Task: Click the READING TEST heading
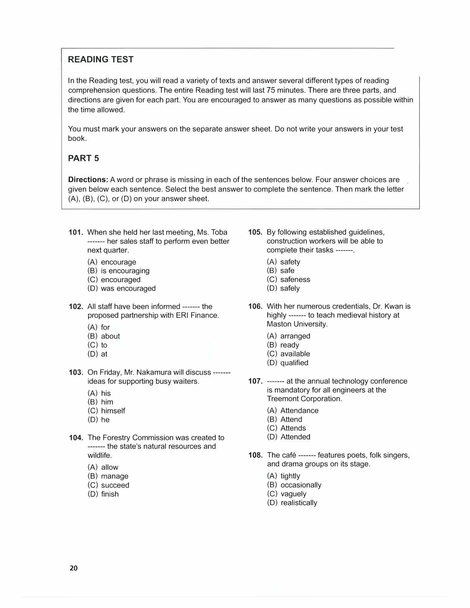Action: point(101,59)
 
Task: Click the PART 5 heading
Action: point(83,159)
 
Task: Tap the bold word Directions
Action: point(88,180)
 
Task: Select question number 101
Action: point(76,232)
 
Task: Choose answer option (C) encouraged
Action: point(114,280)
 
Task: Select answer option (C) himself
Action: point(106,411)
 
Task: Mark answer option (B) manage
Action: point(108,476)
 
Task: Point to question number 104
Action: point(76,438)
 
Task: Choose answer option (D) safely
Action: point(283,288)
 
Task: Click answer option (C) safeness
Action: point(288,279)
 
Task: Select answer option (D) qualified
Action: point(288,363)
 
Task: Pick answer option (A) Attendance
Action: point(293,411)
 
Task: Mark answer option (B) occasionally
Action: point(294,485)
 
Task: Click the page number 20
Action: point(74,568)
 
